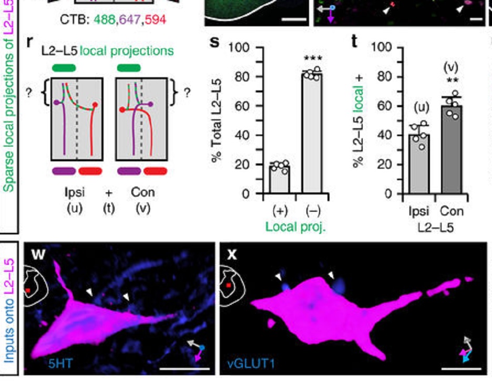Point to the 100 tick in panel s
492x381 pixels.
(239, 47)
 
